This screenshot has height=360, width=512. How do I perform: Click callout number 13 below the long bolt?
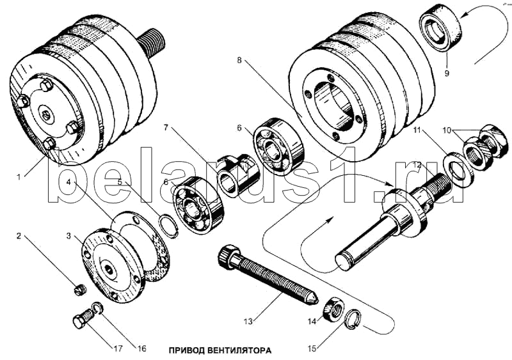pos(248,322)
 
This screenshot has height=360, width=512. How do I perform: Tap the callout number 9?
pos(447,73)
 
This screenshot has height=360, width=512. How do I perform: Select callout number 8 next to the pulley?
pos(239,60)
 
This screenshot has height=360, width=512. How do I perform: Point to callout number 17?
pos(118,348)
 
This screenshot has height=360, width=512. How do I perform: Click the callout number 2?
pos(19,236)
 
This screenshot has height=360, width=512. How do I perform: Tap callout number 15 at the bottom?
pos(312,348)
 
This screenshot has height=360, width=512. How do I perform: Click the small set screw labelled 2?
pos(79,290)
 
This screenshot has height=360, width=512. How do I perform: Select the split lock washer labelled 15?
pos(353,319)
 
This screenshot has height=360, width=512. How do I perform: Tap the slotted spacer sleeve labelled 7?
pos(237,175)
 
